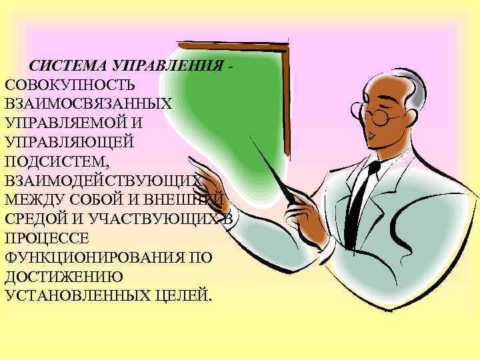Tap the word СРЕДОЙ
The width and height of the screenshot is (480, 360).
33,219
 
